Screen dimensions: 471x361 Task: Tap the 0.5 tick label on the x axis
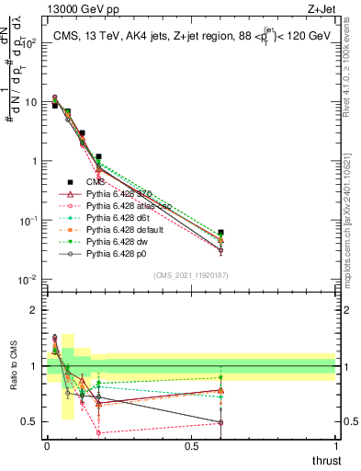[x=191, y=445]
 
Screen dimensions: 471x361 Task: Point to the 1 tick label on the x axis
[x=335, y=445]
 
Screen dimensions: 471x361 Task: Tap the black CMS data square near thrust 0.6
[x=220, y=234]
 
